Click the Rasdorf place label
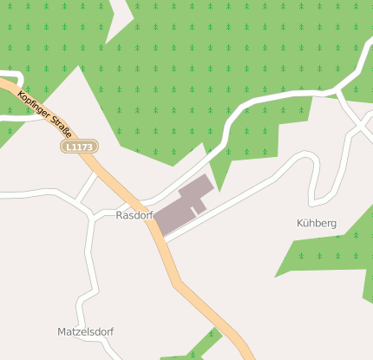(x=134, y=215)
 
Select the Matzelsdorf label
(x=85, y=332)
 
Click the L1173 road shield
(x=79, y=147)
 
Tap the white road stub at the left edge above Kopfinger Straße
(x=10, y=75)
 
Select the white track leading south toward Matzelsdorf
(x=88, y=269)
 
